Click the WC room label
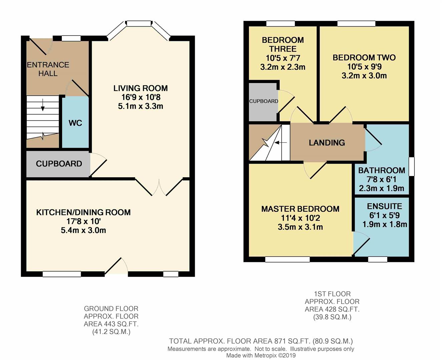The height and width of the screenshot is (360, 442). point(75,123)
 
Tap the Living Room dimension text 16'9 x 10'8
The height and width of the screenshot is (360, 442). point(140,97)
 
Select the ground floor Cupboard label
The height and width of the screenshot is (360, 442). point(59,164)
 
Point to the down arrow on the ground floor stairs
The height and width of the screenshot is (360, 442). point(43,105)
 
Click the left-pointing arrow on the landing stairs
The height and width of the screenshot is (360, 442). point(281,142)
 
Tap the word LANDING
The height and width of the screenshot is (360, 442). point(327,143)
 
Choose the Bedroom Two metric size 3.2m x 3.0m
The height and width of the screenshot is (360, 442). point(364,75)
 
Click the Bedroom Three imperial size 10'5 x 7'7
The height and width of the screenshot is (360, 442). point(283,58)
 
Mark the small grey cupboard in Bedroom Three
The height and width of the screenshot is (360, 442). point(263,102)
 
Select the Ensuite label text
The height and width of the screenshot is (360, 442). point(385,206)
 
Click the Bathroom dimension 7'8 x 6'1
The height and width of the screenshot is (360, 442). point(382,179)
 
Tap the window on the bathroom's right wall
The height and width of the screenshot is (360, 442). point(412,167)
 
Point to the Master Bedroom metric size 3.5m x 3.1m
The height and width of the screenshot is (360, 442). point(300,227)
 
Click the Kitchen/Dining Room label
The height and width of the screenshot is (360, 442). point(83,212)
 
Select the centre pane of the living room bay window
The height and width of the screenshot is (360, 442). point(139,23)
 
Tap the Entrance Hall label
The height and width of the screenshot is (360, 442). point(48,69)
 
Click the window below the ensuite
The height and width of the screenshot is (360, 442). point(378,259)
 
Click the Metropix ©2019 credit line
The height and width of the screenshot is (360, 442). point(261,355)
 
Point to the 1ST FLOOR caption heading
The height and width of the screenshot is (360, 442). point(332,294)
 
